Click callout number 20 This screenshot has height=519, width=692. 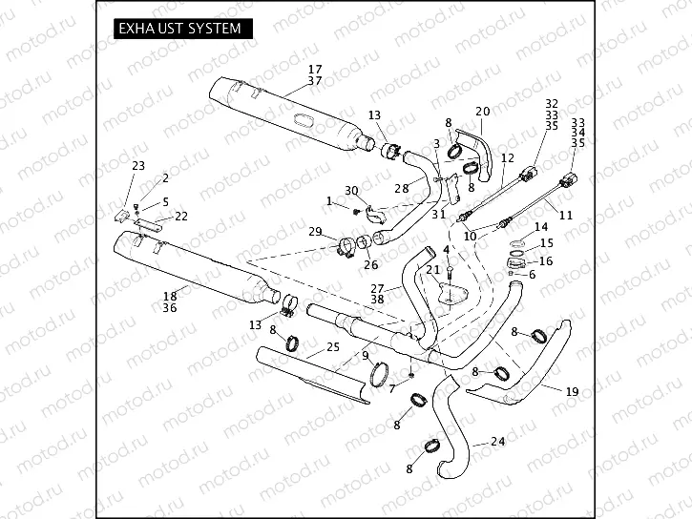pyautogui.click(x=482, y=112)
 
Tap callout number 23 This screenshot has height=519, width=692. pyautogui.click(x=138, y=166)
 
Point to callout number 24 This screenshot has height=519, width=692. pyautogui.click(x=497, y=441)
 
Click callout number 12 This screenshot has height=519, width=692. pyautogui.click(x=507, y=157)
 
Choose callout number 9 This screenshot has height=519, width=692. pyautogui.click(x=365, y=356)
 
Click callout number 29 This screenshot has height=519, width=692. pyautogui.click(x=315, y=232)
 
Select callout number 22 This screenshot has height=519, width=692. pyautogui.click(x=180, y=216)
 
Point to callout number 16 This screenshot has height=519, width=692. pyautogui.click(x=546, y=260)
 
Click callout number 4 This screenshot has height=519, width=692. pyautogui.click(x=446, y=249)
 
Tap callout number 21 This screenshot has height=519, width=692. pyautogui.click(x=432, y=270)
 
